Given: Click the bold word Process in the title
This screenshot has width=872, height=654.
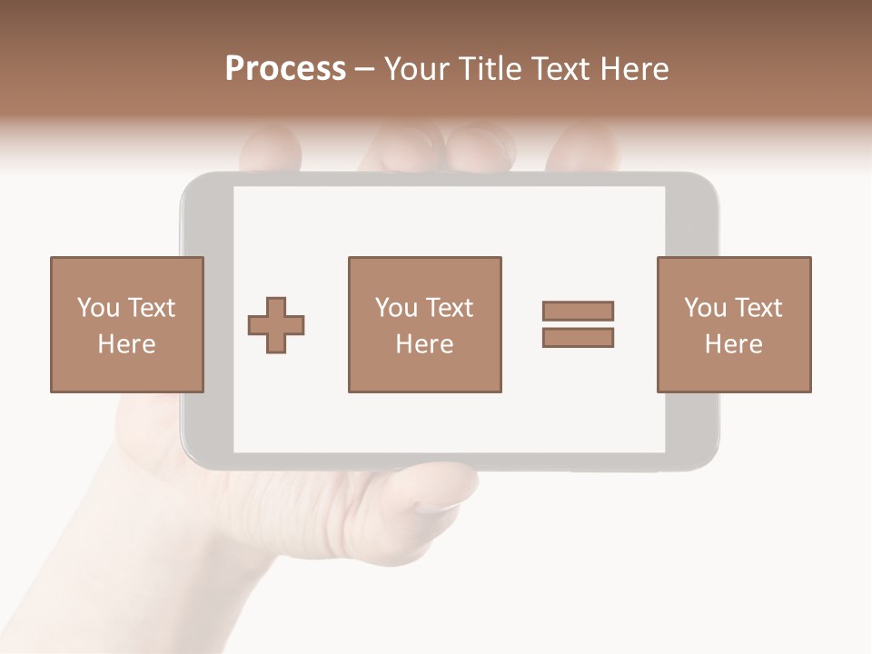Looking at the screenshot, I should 285,69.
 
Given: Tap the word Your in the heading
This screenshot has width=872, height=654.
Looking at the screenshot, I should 415,69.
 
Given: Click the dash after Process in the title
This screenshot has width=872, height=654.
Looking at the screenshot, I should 365,70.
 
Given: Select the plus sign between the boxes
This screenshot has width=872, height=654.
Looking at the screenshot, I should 276,325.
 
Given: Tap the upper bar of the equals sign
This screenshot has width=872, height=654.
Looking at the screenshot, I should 578,311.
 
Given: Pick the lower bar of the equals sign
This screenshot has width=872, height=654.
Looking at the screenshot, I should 578,337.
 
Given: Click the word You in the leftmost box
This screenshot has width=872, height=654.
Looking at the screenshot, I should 97,308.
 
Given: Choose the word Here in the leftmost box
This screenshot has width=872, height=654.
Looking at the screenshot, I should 126,344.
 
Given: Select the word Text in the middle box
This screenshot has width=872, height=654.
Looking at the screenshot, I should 449,308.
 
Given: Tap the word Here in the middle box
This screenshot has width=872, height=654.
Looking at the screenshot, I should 424,344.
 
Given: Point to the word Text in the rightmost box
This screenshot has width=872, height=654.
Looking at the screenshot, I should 758,308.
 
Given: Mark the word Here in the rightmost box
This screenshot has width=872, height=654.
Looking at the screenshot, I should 733,344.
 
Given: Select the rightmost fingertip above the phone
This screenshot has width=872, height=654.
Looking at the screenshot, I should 586,145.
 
